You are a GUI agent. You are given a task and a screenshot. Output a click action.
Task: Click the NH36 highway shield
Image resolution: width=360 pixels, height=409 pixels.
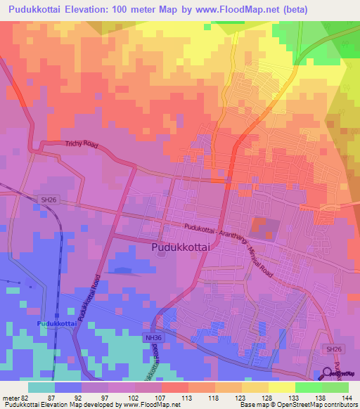coord(160,338)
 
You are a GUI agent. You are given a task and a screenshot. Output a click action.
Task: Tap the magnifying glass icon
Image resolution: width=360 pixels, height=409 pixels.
coord(328,374)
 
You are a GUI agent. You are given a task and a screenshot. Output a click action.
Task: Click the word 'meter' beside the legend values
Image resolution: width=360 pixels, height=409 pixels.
coord(10,398)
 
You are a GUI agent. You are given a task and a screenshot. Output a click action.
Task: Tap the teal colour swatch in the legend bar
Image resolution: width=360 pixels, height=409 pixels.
coord(41,387)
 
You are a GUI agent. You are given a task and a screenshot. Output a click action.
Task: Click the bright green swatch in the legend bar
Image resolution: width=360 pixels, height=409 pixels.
coord(308,387)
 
